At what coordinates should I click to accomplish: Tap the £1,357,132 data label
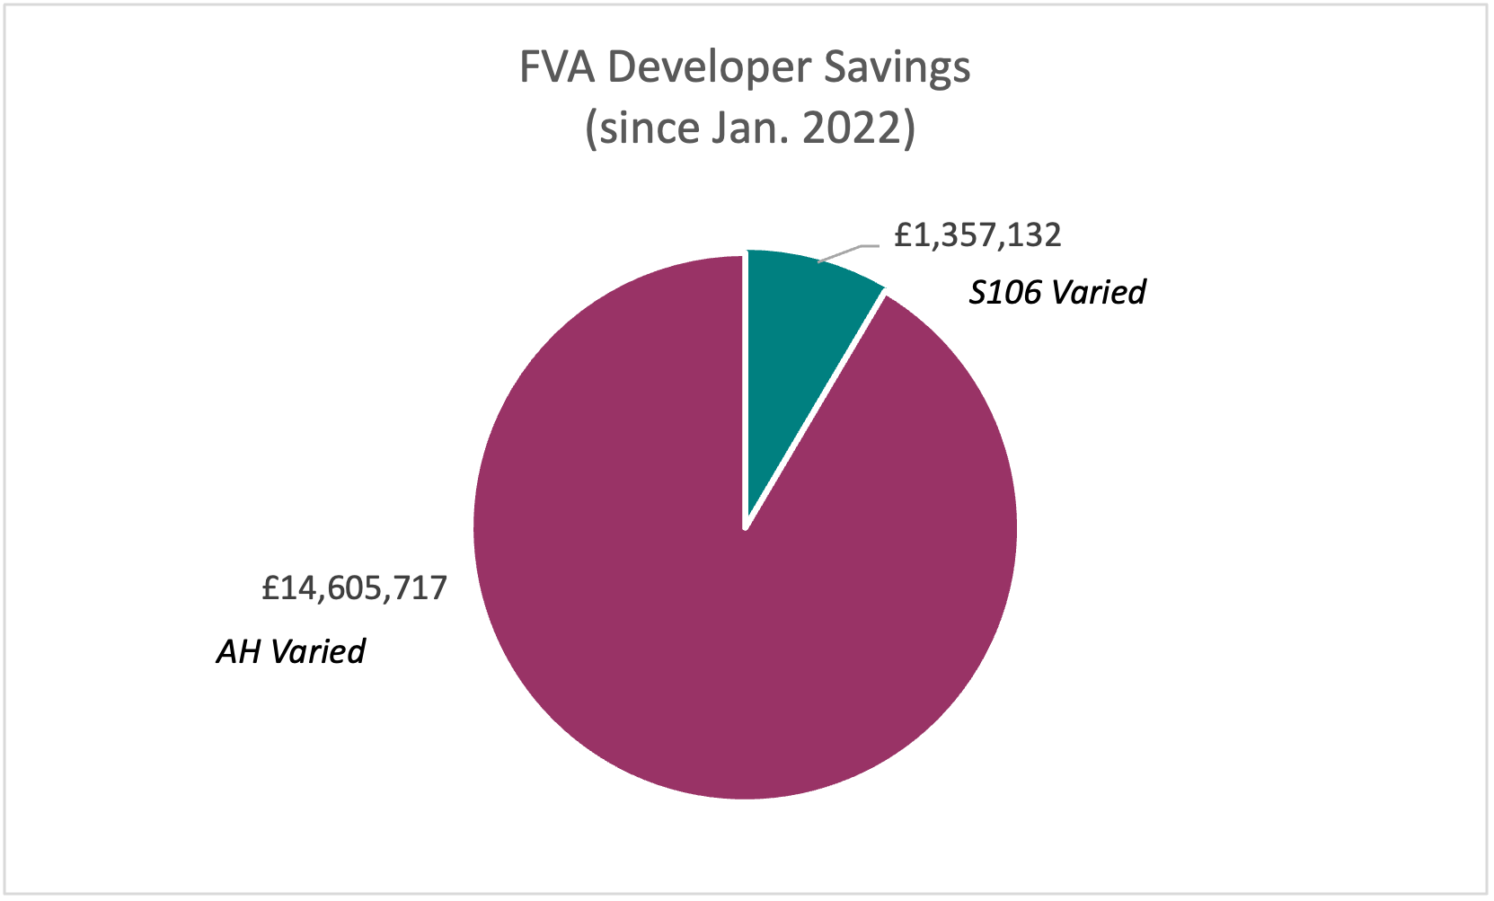point(977,235)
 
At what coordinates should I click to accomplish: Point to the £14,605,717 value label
point(354,587)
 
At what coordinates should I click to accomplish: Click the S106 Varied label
point(1056,293)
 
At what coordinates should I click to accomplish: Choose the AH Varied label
point(290,651)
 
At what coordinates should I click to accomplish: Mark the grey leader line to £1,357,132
point(848,252)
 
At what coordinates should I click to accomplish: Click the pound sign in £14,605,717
point(270,587)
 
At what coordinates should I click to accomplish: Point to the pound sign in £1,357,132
point(903,235)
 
